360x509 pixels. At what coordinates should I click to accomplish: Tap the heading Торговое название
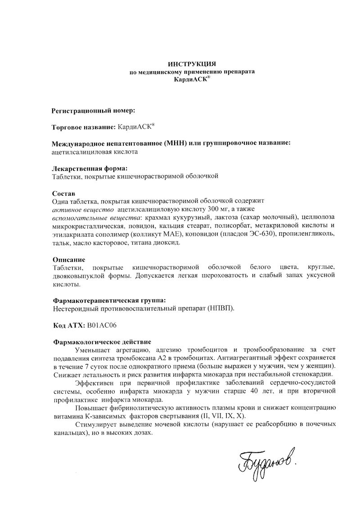pos(84,127)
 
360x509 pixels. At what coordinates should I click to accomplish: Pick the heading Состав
pos(63,193)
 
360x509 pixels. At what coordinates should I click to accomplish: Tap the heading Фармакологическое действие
pos(102,342)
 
